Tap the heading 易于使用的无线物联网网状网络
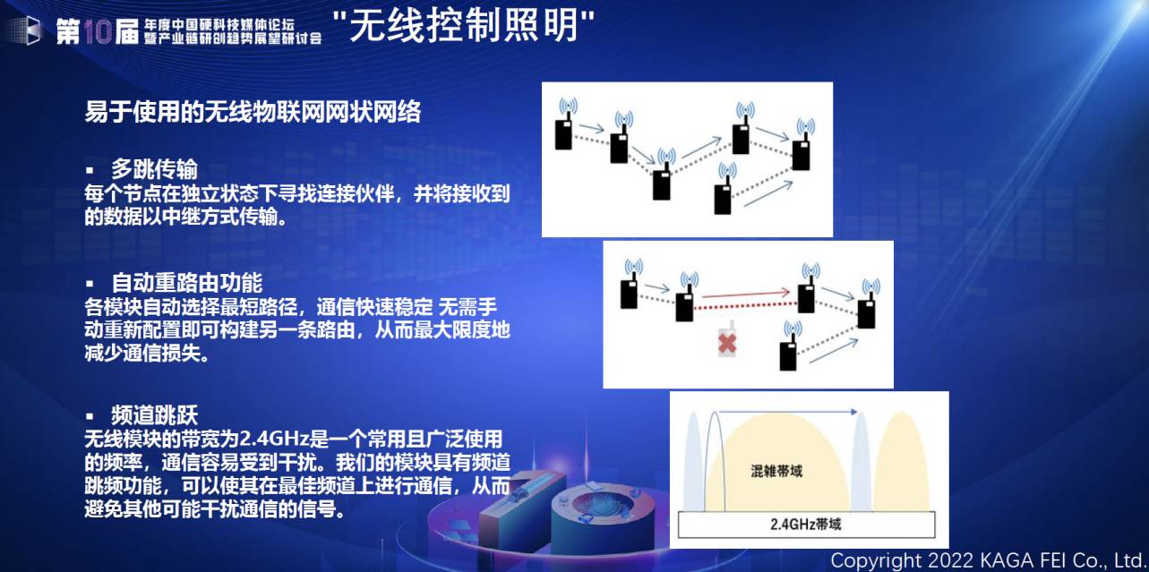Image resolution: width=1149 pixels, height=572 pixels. click(x=253, y=112)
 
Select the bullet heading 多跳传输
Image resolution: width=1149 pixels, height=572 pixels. click(x=154, y=168)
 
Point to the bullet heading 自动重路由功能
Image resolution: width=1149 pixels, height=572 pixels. click(x=186, y=282)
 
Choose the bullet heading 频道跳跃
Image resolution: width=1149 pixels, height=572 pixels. click(x=154, y=415)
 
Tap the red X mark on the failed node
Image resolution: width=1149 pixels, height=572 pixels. click(x=727, y=343)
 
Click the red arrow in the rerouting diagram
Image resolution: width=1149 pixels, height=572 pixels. click(x=746, y=295)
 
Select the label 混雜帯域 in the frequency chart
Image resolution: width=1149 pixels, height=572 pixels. click(x=776, y=471)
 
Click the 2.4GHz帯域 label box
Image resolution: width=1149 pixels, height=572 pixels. click(x=806, y=525)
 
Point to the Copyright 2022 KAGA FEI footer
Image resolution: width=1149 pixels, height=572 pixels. click(x=989, y=560)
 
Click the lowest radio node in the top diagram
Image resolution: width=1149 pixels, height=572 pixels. click(x=724, y=189)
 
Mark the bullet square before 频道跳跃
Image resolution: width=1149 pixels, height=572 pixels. click(x=90, y=416)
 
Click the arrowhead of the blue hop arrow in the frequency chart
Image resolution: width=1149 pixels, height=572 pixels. click(x=853, y=412)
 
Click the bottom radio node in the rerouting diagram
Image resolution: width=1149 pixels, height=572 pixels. click(x=788, y=346)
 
